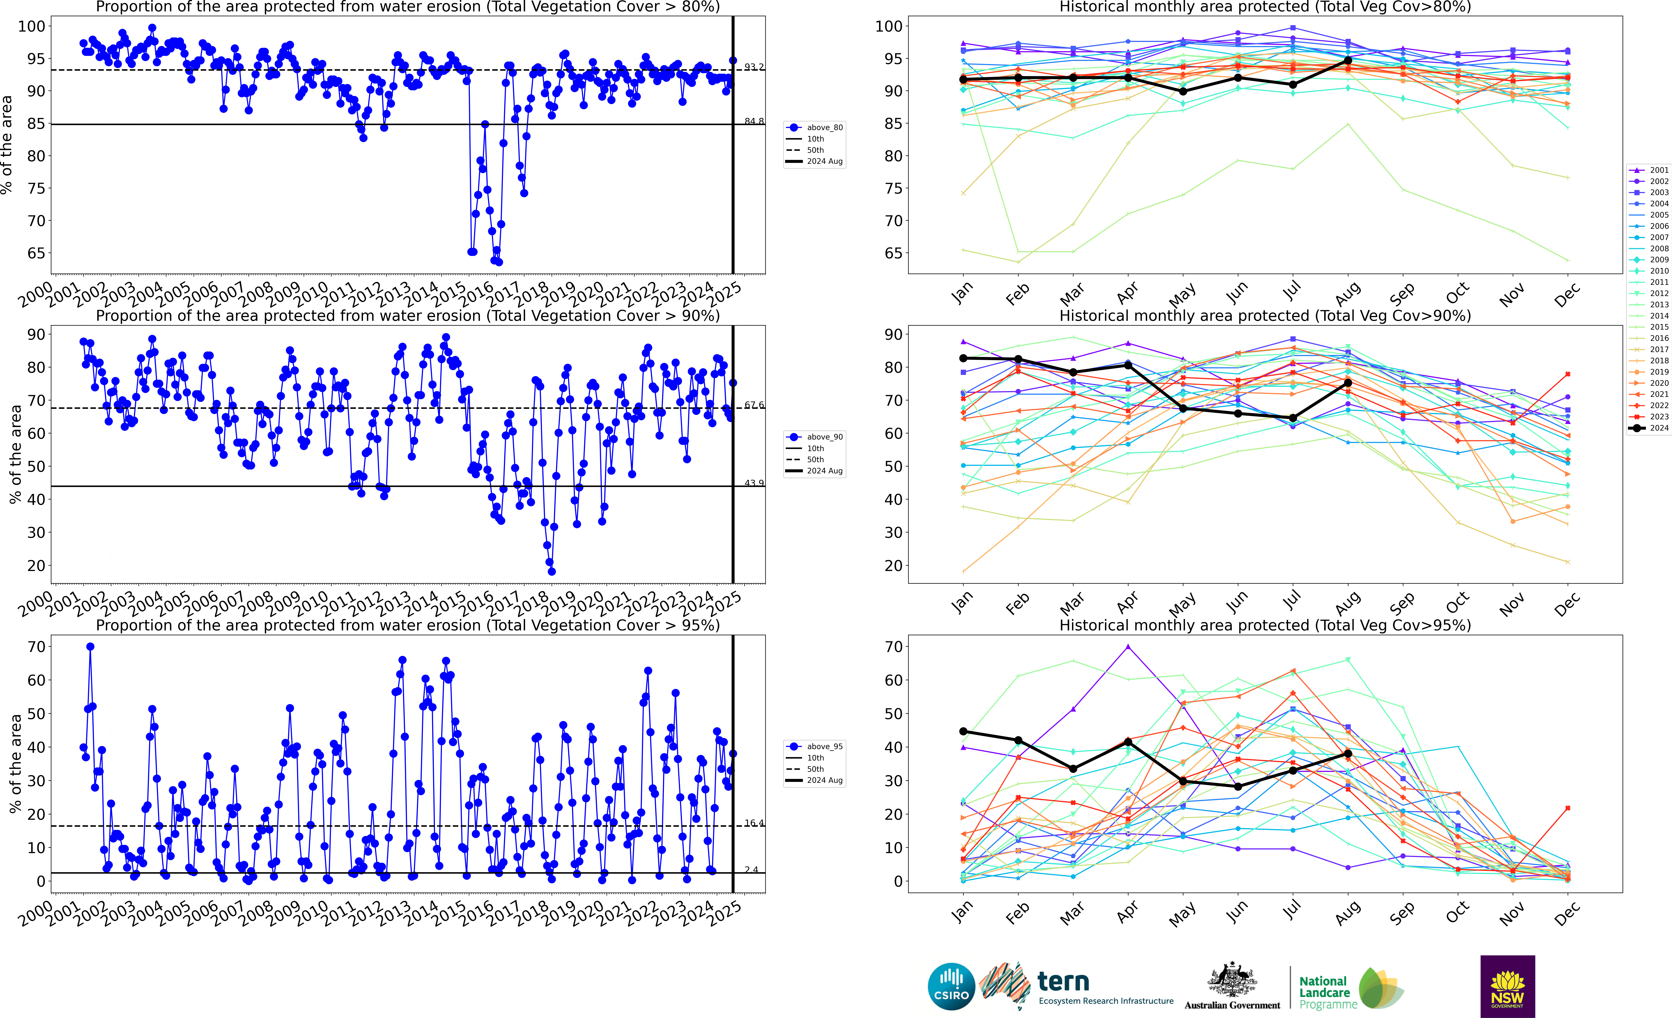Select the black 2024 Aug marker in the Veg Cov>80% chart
click(1348, 60)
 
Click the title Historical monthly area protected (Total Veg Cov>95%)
click(1265, 625)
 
